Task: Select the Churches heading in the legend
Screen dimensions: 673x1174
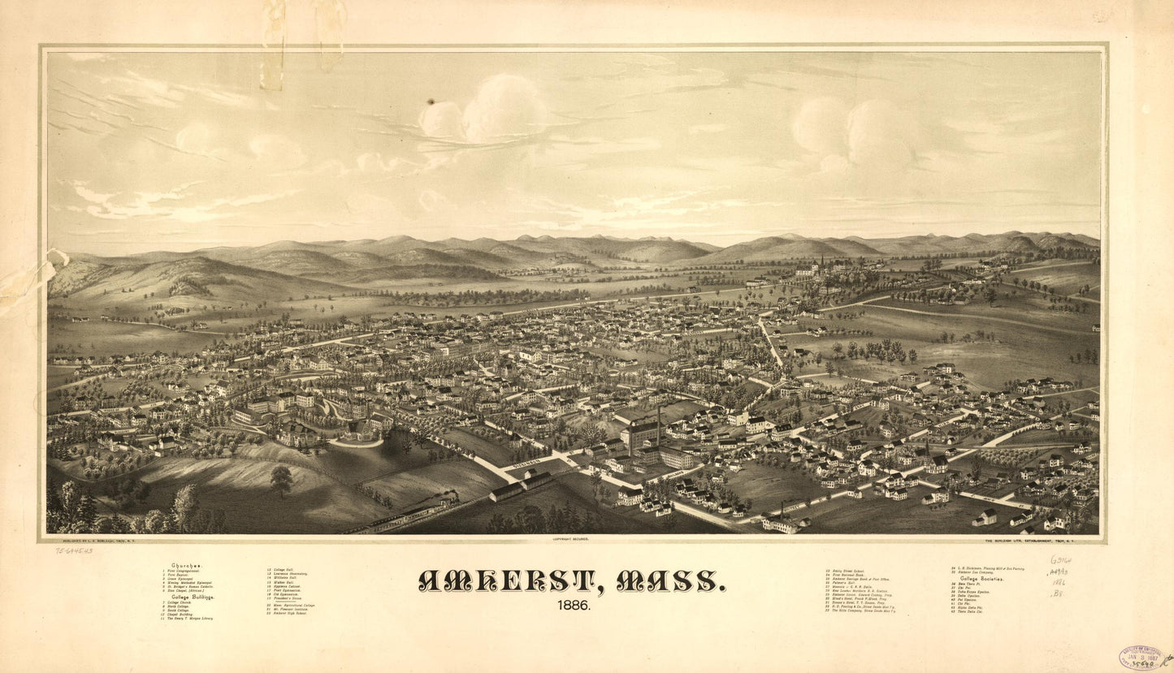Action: (x=187, y=566)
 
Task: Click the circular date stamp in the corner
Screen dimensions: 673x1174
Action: (x=1141, y=657)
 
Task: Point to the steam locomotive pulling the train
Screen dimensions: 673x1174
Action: (x=446, y=498)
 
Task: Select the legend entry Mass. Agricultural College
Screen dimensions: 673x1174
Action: (x=292, y=606)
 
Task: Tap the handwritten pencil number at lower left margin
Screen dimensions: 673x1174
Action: (x=74, y=550)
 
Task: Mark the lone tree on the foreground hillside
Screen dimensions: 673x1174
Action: (x=281, y=479)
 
